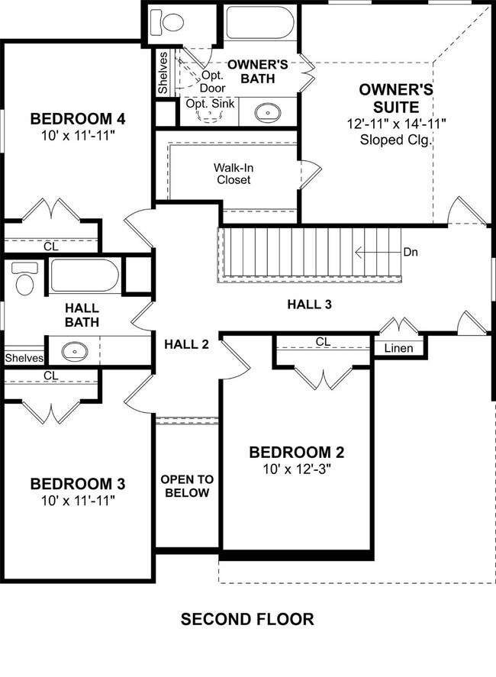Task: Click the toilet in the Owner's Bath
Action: tap(166, 21)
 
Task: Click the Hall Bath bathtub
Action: tap(84, 276)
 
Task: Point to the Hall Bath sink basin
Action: tap(75, 351)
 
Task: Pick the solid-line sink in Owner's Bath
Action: tap(268, 113)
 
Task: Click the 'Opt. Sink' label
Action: tap(211, 104)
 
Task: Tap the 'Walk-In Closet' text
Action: tap(234, 173)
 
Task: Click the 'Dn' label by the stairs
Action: tap(411, 252)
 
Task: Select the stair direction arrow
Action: tap(377, 252)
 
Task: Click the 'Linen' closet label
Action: tap(398, 348)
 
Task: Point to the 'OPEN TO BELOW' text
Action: tap(187, 486)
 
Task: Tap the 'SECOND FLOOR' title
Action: tap(247, 619)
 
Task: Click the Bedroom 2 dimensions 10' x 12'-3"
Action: tap(297, 469)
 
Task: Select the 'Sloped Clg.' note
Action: tap(396, 140)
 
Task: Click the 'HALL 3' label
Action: tap(310, 305)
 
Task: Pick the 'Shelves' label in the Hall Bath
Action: tap(24, 358)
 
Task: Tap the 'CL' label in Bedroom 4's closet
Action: tap(51, 247)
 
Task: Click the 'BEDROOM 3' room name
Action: tap(78, 484)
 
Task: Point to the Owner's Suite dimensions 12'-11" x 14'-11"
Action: tap(396, 124)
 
